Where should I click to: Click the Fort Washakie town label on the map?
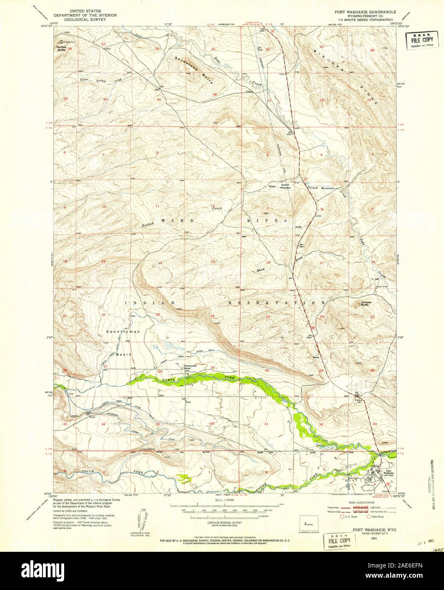coord(387,472)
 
